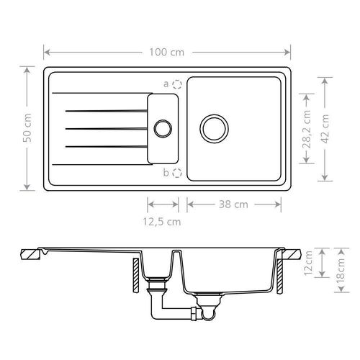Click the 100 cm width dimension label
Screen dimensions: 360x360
(x=167, y=53)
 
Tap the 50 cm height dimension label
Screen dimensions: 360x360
(x=27, y=127)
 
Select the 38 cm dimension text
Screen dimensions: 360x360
(x=233, y=204)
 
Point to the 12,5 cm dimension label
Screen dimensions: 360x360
(x=162, y=222)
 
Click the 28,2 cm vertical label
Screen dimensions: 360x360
(x=307, y=129)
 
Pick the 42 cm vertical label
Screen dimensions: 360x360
(x=325, y=129)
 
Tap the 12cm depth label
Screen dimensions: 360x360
(x=308, y=263)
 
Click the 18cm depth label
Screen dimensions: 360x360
(x=341, y=271)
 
